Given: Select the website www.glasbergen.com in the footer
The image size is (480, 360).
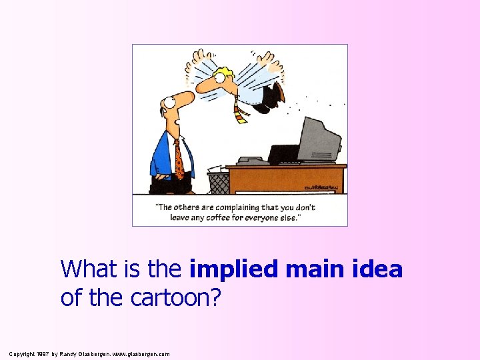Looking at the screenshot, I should pos(141,353).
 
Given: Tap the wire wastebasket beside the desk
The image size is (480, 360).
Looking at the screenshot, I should pos(218,183).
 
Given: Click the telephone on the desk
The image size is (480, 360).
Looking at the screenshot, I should pos(253,161).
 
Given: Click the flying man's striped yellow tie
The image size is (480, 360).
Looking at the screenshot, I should pos(240,111).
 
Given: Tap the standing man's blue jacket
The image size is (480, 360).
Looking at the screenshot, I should pos(162,155).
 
